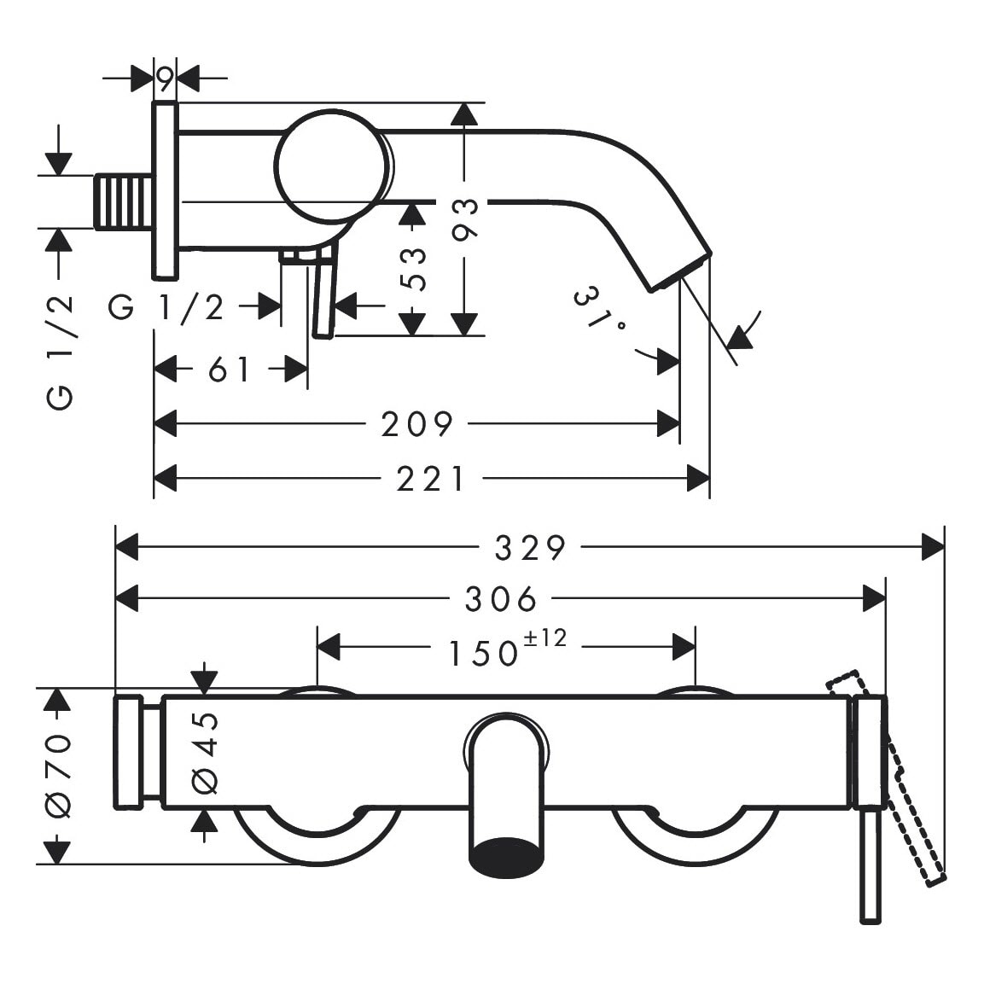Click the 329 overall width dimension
pos(530,548)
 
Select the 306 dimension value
pos(501,599)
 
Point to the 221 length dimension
pos(431,479)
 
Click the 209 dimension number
pos(416,423)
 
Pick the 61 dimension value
pos(229,370)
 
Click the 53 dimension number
pos(413,268)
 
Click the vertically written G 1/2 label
pos(60,350)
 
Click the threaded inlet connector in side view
pos(123,202)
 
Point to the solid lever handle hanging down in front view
pos(870,864)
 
